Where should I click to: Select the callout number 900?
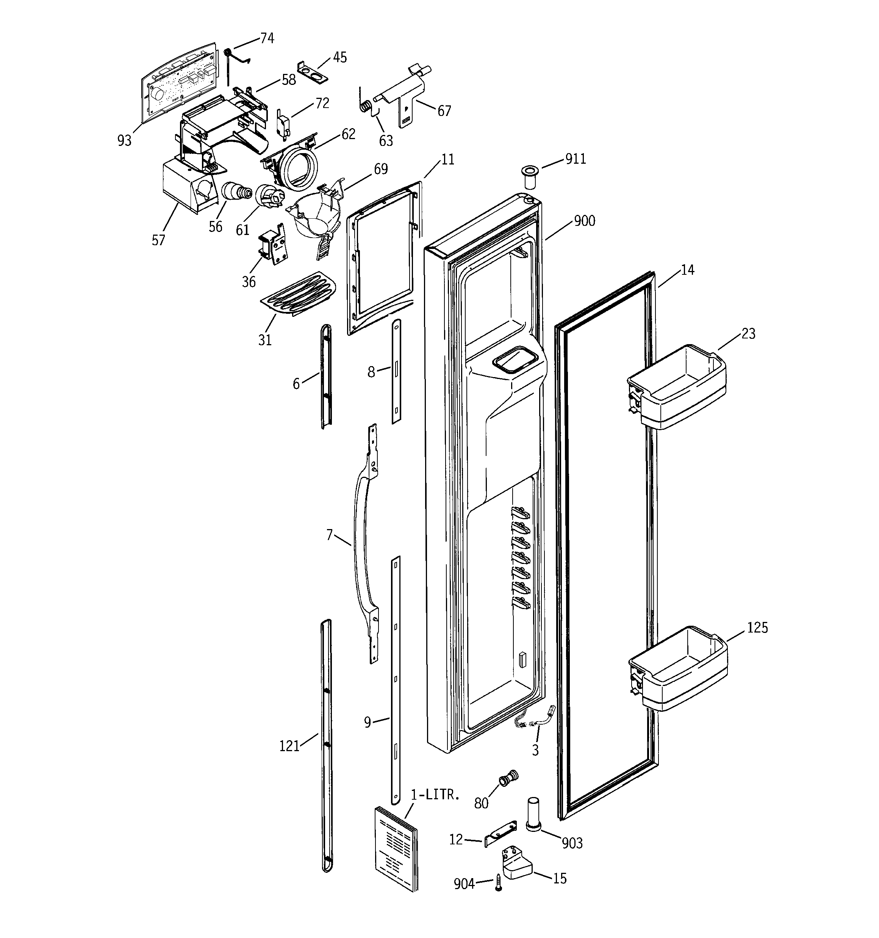point(584,221)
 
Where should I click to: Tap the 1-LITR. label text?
point(435,795)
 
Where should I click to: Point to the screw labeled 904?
point(498,882)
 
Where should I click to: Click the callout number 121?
point(289,746)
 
